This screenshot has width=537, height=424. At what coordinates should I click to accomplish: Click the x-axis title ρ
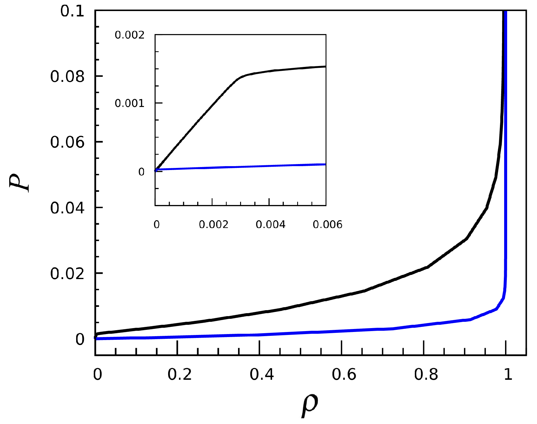309,406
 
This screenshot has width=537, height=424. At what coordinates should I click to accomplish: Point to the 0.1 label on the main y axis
72,12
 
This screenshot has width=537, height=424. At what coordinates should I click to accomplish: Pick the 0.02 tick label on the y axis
67,273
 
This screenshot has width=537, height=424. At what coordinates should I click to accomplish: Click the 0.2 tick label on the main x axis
179,374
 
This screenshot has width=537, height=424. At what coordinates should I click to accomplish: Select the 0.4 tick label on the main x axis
262,374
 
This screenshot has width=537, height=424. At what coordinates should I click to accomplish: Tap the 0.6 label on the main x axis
344,374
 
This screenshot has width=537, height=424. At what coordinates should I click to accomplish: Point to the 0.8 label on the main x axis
426,374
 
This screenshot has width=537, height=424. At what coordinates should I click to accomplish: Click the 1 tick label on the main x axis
508,374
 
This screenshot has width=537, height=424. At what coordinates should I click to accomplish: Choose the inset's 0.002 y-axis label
130,35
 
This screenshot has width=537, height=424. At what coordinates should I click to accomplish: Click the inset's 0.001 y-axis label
130,104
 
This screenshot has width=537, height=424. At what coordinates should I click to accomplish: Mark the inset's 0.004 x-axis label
271,225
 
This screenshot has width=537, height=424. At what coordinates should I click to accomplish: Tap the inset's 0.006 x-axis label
327,225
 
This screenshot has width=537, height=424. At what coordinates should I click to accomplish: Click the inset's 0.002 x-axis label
214,225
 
